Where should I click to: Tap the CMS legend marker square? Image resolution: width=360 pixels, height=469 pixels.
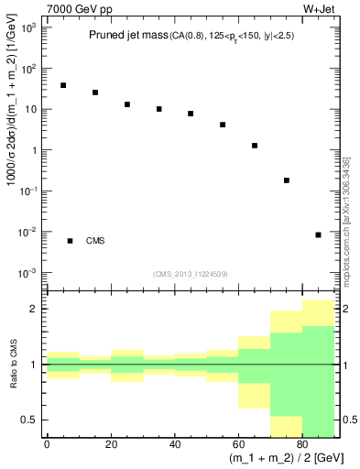[x=70, y=241]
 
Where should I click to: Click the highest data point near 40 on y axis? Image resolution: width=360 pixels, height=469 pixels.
[x=63, y=85]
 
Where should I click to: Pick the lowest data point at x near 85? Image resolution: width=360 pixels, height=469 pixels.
[x=318, y=234]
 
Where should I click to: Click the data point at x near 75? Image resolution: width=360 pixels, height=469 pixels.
[x=287, y=180]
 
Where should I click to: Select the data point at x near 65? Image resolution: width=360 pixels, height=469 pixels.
[x=255, y=146]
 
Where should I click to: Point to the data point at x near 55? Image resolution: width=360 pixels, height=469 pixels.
[x=223, y=125]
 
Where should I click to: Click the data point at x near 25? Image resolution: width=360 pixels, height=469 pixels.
[x=127, y=104]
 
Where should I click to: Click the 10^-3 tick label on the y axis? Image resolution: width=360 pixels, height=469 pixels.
[x=27, y=273]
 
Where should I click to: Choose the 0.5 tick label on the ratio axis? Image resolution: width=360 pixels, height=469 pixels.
[x=30, y=420]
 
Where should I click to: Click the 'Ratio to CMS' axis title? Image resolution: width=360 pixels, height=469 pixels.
[x=12, y=365]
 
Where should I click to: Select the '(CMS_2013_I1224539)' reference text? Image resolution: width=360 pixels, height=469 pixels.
[x=191, y=274]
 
